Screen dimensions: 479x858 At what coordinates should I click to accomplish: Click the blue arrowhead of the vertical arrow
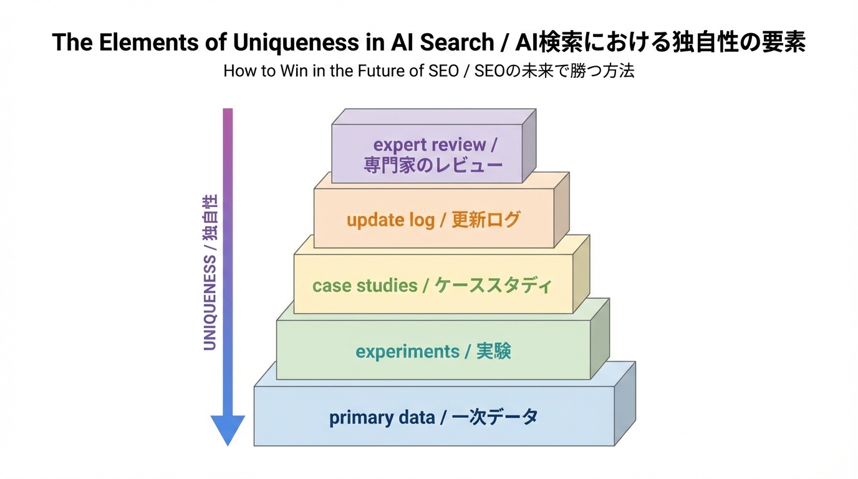point(228,430)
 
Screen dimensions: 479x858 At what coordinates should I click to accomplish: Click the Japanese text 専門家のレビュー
point(433,165)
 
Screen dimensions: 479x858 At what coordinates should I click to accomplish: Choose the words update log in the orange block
point(390,220)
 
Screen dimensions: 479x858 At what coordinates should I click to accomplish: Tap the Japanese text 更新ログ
point(485,220)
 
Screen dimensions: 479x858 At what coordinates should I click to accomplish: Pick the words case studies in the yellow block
point(365,286)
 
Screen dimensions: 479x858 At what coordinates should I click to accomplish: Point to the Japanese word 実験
point(493,352)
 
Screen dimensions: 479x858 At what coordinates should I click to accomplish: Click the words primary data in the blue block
point(382,417)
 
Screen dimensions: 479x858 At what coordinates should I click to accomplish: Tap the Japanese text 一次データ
point(494,417)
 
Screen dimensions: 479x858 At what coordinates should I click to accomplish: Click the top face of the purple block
point(433,117)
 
